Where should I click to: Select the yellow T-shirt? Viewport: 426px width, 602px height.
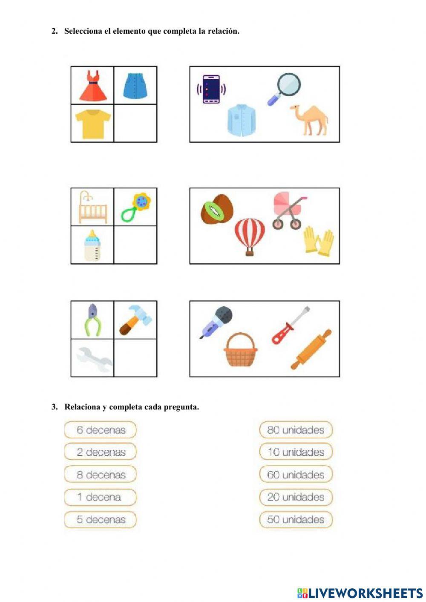(93, 124)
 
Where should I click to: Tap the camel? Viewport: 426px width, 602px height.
(310, 120)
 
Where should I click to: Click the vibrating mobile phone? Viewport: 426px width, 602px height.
(211, 89)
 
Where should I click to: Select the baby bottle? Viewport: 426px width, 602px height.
(92, 246)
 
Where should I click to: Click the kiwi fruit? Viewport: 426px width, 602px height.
(217, 209)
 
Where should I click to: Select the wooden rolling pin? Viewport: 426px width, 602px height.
(311, 349)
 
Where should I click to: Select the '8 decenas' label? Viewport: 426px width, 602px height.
(101, 475)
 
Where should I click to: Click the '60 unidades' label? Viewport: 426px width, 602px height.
(296, 475)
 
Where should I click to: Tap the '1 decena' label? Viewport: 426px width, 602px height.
(101, 497)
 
